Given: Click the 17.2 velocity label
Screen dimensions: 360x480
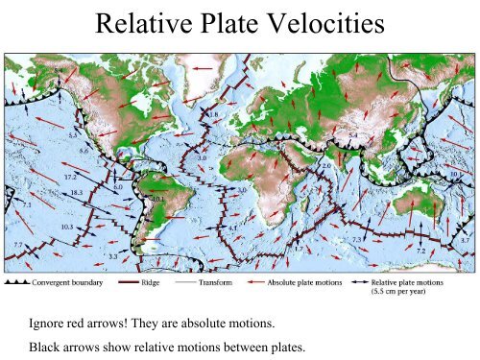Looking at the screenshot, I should pyautogui.click(x=70, y=178).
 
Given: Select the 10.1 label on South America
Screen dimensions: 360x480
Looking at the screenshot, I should pyautogui.click(x=157, y=200).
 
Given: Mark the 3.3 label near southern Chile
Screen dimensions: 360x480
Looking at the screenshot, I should pyautogui.click(x=112, y=256).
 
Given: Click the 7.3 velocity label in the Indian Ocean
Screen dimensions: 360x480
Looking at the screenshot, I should pyautogui.click(x=356, y=239).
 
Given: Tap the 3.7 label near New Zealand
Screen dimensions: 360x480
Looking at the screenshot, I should pyautogui.click(x=466, y=239).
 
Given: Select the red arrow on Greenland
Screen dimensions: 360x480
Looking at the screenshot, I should pyautogui.click(x=203, y=69).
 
